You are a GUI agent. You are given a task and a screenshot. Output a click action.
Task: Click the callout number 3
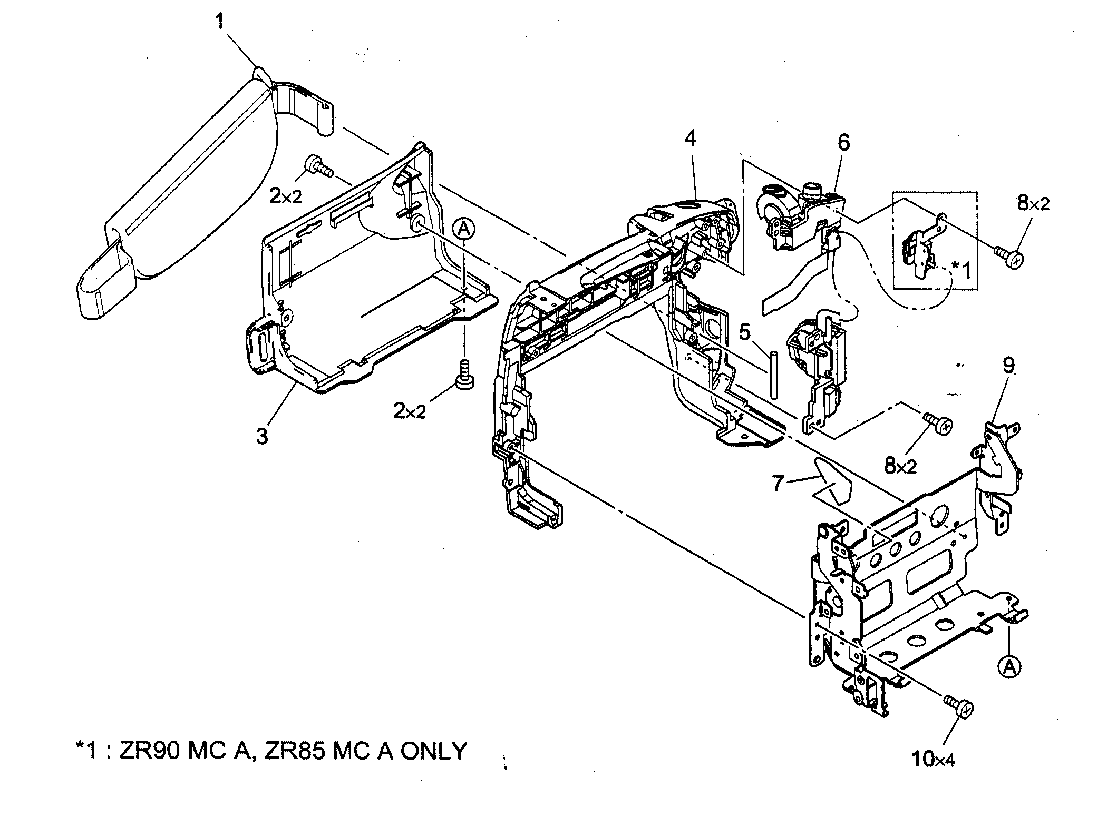tap(262, 436)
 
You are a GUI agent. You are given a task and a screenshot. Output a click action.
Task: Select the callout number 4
tap(690, 138)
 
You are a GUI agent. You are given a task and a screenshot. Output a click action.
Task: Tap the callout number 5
tap(744, 333)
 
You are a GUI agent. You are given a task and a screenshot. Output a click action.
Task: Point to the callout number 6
tap(844, 142)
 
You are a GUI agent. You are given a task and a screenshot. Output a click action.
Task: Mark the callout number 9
tap(1008, 366)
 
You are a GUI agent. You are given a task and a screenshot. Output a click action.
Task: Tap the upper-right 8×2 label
tap(1033, 203)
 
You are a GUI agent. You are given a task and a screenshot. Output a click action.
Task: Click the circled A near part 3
tap(463, 229)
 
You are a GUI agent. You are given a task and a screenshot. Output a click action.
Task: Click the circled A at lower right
tap(1009, 667)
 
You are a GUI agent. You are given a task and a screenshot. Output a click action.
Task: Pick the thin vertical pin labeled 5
tap(773, 375)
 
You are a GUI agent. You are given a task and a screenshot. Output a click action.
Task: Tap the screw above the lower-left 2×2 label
tap(464, 375)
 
